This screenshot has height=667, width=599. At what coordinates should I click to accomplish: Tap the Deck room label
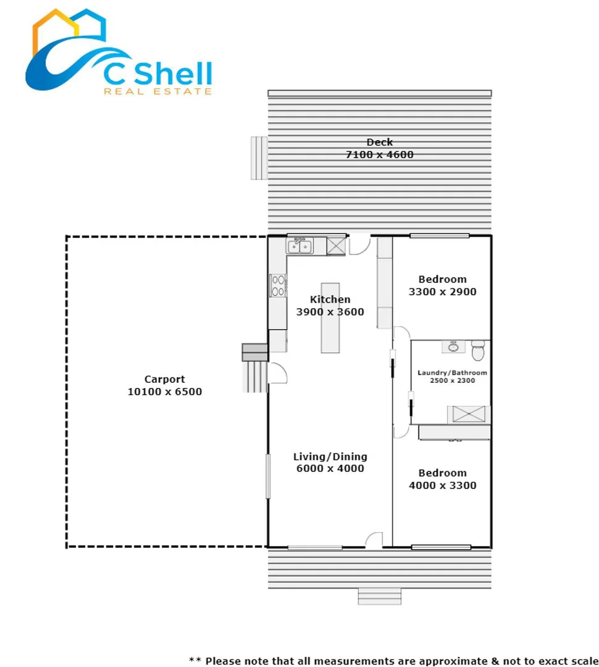(x=379, y=143)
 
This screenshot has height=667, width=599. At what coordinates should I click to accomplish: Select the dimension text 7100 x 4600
(x=379, y=154)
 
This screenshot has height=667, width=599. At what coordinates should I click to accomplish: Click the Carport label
(x=164, y=379)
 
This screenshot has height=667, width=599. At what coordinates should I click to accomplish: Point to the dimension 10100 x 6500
(x=164, y=392)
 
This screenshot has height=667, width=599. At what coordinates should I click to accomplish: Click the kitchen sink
(x=299, y=246)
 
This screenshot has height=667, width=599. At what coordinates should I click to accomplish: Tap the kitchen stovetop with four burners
(x=278, y=285)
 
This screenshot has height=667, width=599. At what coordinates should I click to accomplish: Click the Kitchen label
(x=330, y=300)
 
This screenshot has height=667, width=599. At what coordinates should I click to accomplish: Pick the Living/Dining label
(x=330, y=456)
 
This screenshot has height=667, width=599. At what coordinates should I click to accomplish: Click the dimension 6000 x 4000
(x=330, y=469)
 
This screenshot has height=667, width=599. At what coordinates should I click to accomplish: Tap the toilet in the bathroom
(x=478, y=351)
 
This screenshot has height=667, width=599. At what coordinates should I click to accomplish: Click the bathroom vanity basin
(x=453, y=346)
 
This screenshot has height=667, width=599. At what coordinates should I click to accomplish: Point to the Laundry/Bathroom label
(x=452, y=372)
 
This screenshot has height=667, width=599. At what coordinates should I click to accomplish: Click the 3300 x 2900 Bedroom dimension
(x=442, y=292)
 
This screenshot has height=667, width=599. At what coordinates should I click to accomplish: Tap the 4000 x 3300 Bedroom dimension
(x=442, y=485)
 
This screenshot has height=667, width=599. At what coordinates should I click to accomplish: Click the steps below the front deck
(x=379, y=597)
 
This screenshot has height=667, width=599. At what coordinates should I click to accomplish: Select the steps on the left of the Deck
(x=258, y=157)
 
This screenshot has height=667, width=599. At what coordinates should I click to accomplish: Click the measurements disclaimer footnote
(x=393, y=661)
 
